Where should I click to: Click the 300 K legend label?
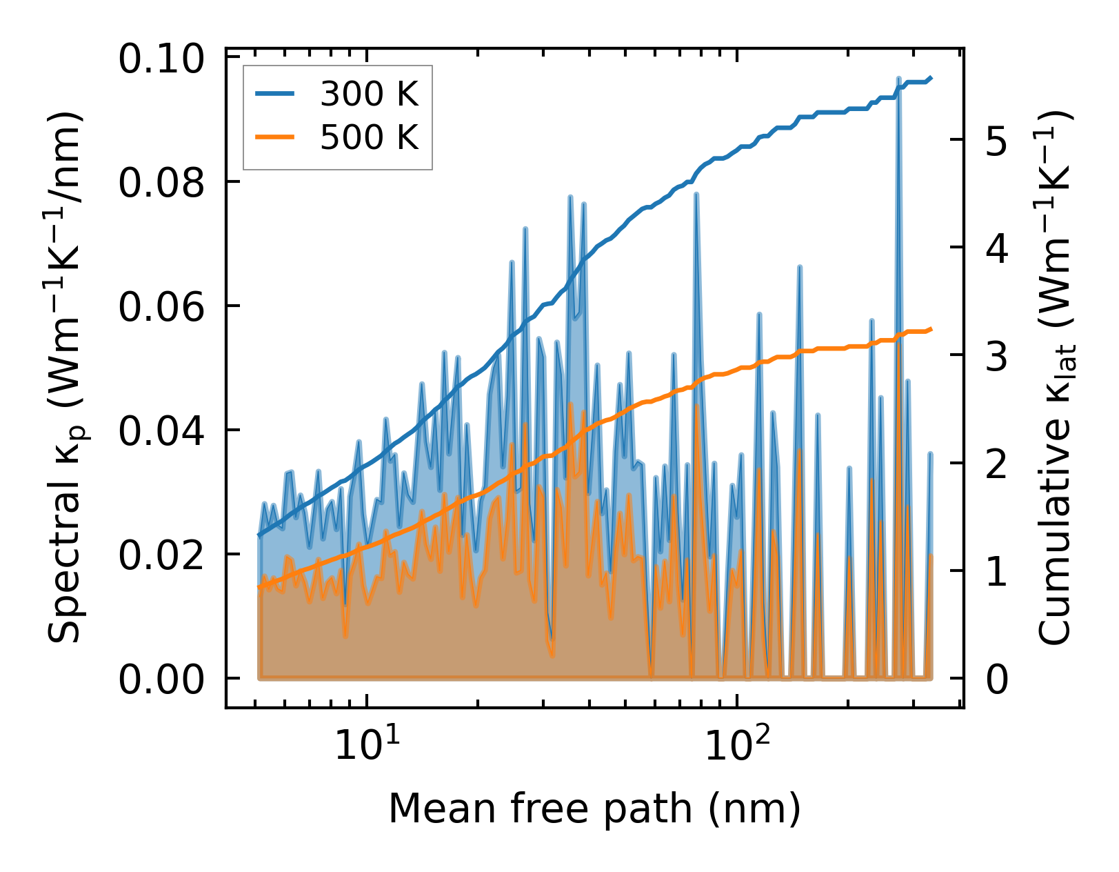point(369,93)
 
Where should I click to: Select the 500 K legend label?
point(369,137)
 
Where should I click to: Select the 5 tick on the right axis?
point(997,141)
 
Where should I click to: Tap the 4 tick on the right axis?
point(997,248)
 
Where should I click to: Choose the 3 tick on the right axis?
point(997,357)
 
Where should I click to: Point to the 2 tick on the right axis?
point(997,464)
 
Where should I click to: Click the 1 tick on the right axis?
point(997,572)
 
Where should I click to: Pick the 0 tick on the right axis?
point(997,680)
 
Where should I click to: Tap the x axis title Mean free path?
point(594,808)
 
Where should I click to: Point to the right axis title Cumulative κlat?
point(1056,377)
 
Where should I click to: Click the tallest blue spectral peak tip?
point(898,79)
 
